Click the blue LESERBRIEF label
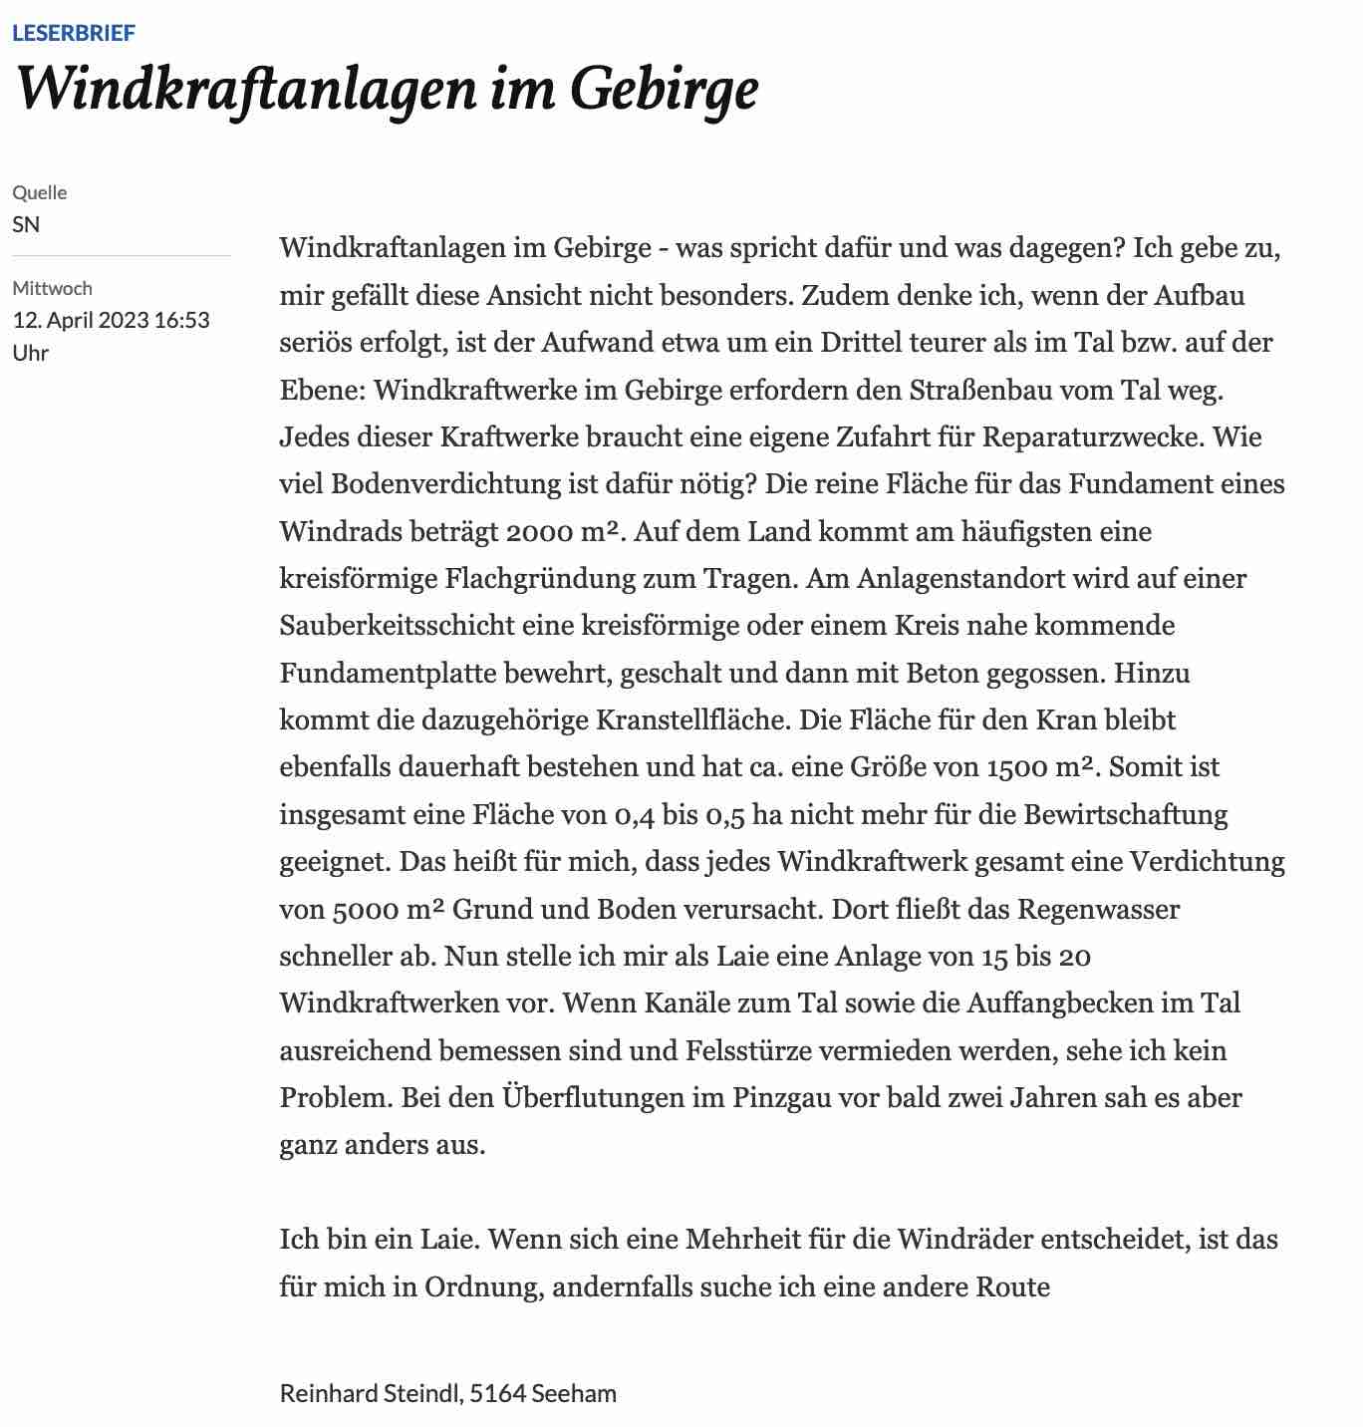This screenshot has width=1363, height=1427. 74,33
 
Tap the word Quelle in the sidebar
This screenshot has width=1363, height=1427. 40,192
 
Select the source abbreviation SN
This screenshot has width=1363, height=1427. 26,224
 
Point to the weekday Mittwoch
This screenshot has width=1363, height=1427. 52,288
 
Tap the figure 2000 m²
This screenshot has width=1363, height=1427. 564,531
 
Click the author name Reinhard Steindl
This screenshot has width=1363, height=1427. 370,1392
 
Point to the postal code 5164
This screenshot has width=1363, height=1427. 497,1392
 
